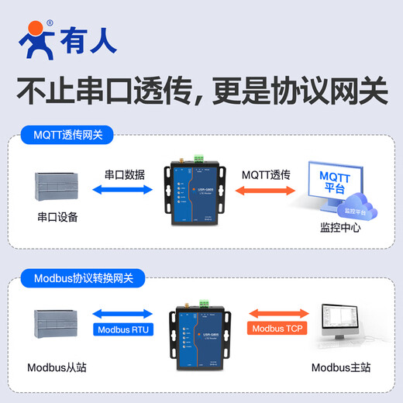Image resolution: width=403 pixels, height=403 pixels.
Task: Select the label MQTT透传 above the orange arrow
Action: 266,176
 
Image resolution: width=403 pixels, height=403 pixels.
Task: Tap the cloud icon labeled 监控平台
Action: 356,210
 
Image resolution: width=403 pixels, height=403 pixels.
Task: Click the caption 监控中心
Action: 340,228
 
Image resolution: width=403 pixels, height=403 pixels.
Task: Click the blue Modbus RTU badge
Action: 125,329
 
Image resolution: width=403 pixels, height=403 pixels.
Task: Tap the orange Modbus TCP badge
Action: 277,329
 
